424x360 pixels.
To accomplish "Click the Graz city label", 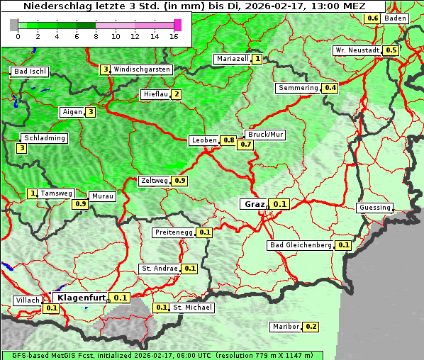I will click(x=254, y=204).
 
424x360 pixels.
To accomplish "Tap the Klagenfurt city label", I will click(x=82, y=298).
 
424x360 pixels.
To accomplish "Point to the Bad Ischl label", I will click(x=30, y=72).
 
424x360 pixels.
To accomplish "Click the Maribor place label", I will click(x=285, y=327).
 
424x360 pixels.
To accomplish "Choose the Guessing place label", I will click(x=375, y=208).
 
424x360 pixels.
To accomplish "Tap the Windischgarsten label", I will click(x=142, y=69).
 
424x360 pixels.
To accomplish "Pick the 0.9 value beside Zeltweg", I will click(x=179, y=181).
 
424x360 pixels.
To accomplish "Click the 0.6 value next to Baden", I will click(x=373, y=18).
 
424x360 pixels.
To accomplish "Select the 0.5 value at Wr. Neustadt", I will click(x=391, y=50).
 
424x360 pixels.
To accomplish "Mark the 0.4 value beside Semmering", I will click(x=330, y=88).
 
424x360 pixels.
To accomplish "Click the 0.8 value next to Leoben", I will click(x=228, y=140).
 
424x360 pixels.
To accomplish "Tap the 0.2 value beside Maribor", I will click(x=311, y=327).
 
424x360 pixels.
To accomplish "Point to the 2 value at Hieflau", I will click(x=176, y=94).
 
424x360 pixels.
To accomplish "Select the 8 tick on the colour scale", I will click(x=96, y=35).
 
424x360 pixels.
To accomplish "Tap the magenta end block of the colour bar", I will click(x=177, y=25).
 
